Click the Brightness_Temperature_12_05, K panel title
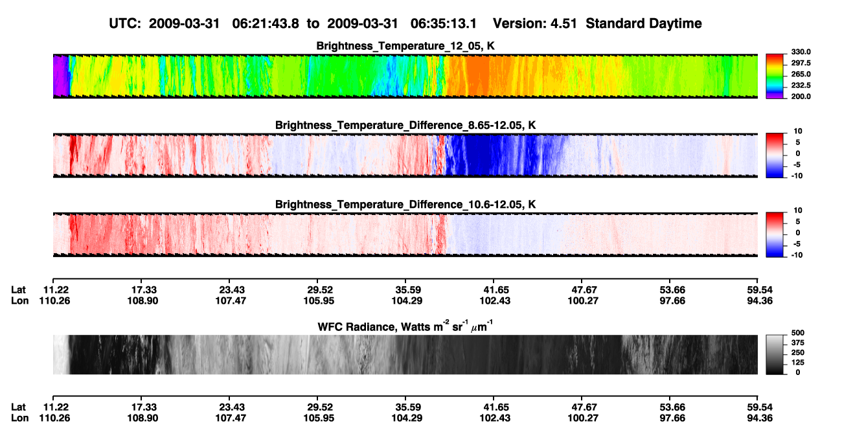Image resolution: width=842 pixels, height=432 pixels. coord(405,46)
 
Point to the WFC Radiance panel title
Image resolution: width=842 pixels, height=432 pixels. coord(405,326)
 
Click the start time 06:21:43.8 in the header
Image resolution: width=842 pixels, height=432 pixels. coord(266,23)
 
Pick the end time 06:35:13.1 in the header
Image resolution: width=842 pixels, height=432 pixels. coord(444,23)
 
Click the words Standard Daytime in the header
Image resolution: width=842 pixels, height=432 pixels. coord(644,24)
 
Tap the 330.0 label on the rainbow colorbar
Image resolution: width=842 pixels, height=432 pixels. coord(801,52)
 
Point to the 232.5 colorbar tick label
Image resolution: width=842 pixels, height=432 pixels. coord(801,85)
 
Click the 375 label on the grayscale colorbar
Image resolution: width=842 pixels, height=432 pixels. coord(797,343)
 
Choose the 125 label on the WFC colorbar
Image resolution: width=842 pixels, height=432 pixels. coord(797,363)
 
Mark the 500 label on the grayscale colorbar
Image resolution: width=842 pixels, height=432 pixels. coord(797,333)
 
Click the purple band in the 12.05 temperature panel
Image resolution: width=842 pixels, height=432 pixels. coord(60,76)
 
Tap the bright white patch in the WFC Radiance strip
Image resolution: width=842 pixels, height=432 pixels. coord(60,354)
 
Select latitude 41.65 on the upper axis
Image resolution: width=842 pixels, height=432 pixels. coord(495,290)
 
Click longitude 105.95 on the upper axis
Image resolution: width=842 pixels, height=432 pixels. coord(319,301)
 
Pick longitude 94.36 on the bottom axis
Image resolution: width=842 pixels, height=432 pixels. coord(759,418)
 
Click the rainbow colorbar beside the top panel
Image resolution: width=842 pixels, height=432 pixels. coord(775,76)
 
